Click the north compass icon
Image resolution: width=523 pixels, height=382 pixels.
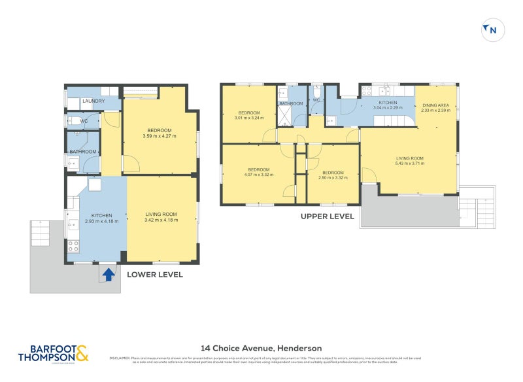[493, 29]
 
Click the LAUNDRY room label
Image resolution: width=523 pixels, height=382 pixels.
[93, 101]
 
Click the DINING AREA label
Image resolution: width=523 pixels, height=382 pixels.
[435, 105]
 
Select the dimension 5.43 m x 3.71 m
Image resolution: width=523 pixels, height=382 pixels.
[410, 164]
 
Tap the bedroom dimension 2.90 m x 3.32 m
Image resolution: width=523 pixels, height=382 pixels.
[333, 178]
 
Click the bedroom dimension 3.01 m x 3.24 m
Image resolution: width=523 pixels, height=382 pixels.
[249, 118]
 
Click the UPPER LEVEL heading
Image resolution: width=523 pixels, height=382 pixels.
[327, 216]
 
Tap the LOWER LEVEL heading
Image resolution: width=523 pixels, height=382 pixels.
[154, 275]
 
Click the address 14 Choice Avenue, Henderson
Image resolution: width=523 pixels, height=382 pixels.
[261, 348]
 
